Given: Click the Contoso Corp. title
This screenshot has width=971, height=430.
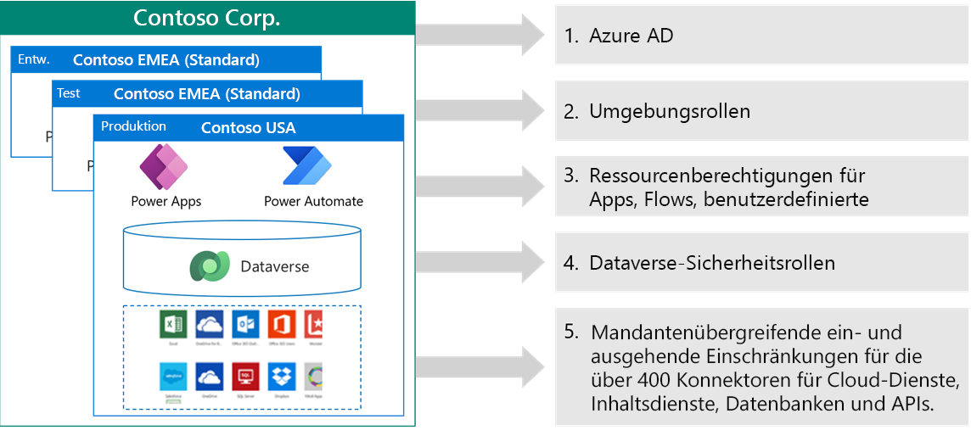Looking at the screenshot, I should point(207,18).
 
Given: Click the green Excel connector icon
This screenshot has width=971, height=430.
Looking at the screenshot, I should point(172,325).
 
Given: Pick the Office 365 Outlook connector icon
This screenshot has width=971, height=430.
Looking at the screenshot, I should point(245,325).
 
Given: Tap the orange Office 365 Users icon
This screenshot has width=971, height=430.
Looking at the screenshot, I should point(282,325).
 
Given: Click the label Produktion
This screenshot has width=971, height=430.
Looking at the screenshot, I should point(133,126).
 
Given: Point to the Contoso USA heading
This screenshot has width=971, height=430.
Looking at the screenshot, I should point(248,128).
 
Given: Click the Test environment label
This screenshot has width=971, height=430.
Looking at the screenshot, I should point(69,93).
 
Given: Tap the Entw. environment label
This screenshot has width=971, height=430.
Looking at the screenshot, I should point(34,59).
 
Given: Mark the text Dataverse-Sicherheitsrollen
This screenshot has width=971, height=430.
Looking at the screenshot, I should point(711,263).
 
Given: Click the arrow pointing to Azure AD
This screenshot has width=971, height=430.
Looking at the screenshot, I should point(480,35).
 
